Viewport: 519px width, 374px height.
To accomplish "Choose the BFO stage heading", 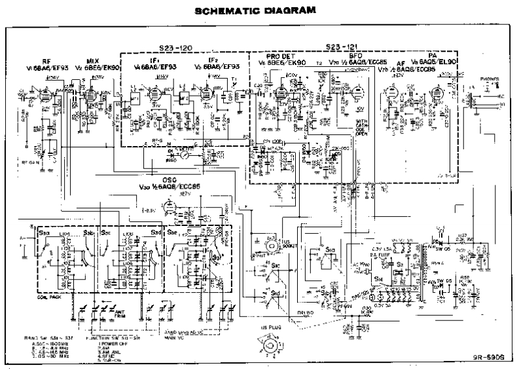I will [x=357, y=57].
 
